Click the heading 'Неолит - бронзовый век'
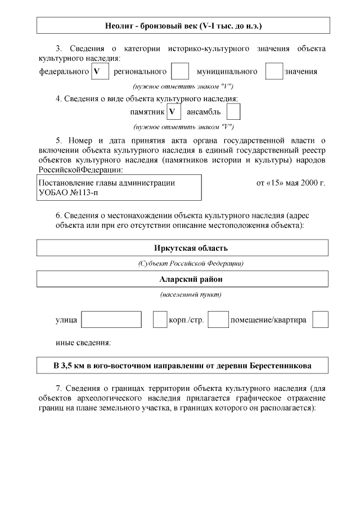point(183,26)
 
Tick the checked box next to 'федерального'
point(100,71)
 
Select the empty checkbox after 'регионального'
point(179,71)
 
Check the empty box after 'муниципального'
point(274,71)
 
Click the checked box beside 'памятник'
point(174,111)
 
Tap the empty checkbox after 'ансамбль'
point(233,111)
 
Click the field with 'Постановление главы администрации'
point(119,187)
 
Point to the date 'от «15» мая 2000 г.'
point(290,183)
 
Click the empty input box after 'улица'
point(111,319)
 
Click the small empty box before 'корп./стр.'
point(160,319)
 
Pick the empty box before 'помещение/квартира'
point(218,319)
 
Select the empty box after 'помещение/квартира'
point(320,319)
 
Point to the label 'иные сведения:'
point(83,342)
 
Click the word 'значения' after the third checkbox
point(301,71)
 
